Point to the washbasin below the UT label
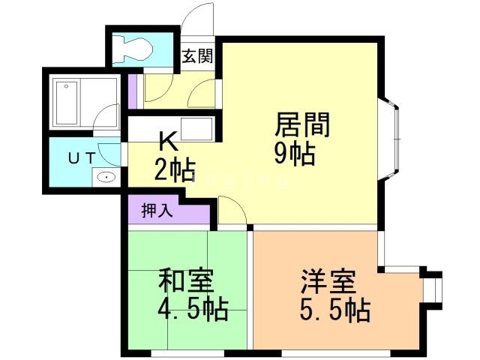tap(106, 178)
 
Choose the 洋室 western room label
tap(328, 283)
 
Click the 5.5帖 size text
tap(335, 308)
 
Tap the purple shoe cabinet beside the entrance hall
tap(133, 90)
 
